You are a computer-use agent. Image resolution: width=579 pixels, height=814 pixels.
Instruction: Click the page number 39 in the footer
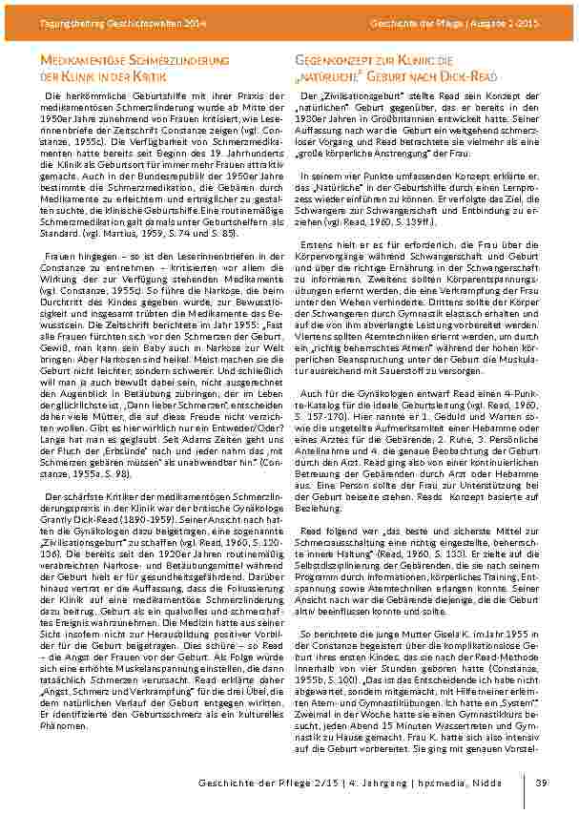(x=541, y=784)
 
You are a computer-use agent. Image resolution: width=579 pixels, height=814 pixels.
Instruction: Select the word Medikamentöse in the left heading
(x=70, y=60)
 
